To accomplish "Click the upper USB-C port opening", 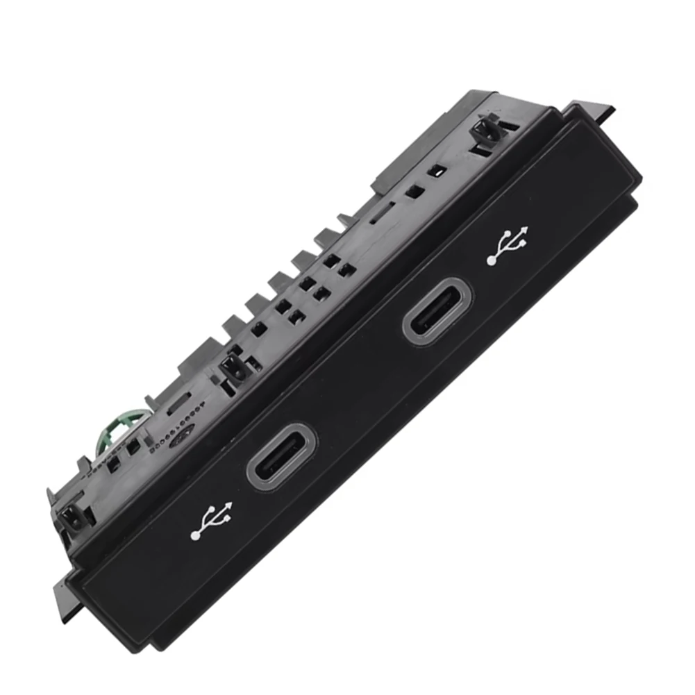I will tap(438, 310).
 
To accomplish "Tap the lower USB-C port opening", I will tap(281, 456).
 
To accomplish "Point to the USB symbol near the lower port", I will tap(212, 521).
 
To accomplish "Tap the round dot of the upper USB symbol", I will tap(492, 260).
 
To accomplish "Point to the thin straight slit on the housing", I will tap(383, 209).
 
